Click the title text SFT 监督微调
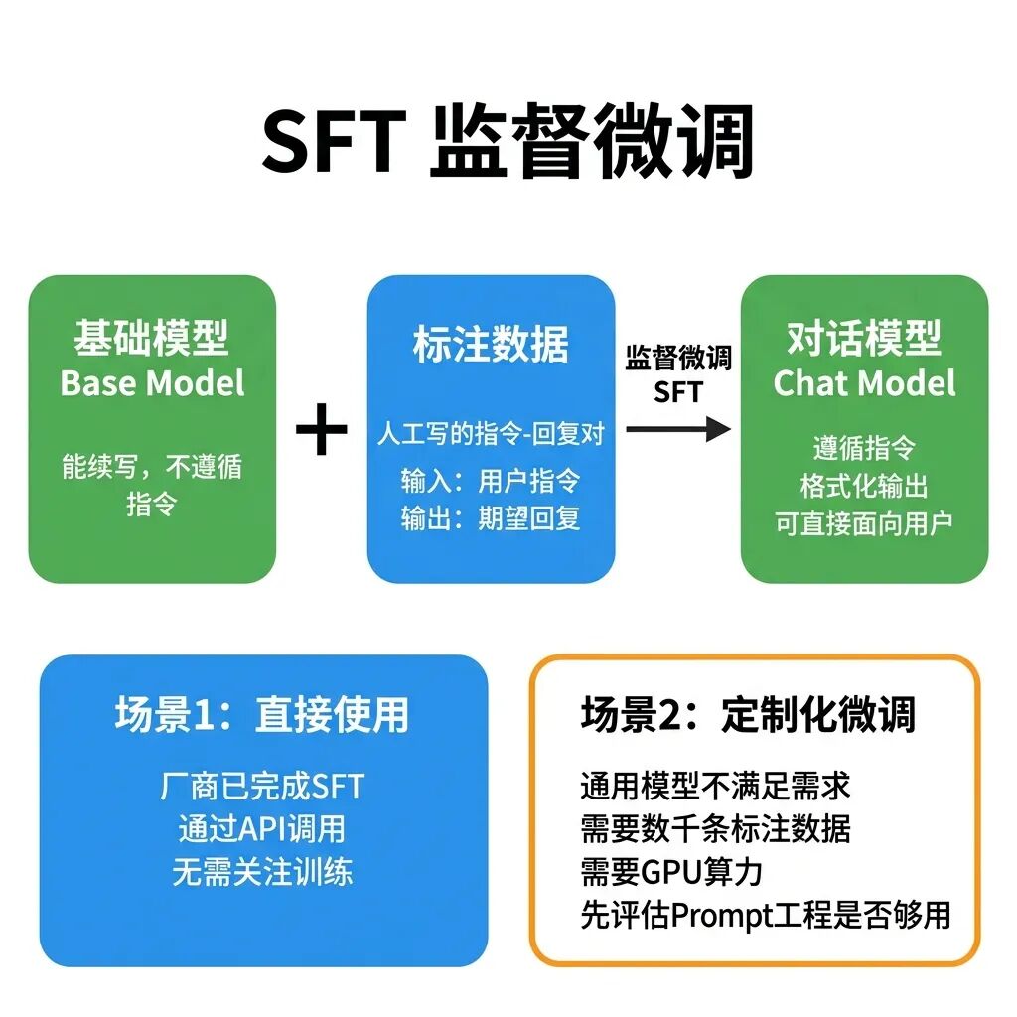click(508, 143)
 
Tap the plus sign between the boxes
click(322, 430)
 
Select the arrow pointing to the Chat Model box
click(678, 429)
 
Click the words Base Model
click(152, 383)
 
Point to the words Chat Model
click(864, 383)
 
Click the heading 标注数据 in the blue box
click(491, 344)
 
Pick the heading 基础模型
click(151, 339)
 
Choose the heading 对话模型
click(864, 339)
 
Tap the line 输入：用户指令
click(491, 481)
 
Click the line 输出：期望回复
click(491, 517)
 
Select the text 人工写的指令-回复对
click(491, 433)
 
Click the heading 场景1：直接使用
click(262, 714)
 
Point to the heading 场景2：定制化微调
click(748, 714)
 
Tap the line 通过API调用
click(262, 829)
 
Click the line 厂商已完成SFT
click(262, 787)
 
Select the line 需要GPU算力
click(671, 872)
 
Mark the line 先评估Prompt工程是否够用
click(765, 915)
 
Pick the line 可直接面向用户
click(864, 523)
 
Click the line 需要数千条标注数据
click(715, 829)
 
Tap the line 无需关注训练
click(262, 872)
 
